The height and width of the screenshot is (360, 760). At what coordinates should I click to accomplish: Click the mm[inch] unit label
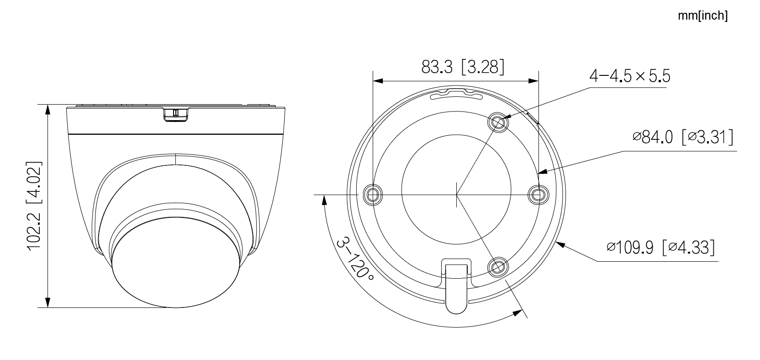tap(702, 16)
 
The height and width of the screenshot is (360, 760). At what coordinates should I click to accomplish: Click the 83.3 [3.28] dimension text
tap(463, 67)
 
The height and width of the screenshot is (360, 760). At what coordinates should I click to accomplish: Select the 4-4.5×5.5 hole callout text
tap(630, 76)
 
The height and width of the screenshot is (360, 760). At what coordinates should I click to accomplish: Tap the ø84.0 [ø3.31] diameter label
tap(683, 137)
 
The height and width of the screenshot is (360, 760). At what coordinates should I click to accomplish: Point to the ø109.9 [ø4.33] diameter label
tap(660, 247)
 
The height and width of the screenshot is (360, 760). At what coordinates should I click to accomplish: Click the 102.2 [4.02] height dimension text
tap(34, 205)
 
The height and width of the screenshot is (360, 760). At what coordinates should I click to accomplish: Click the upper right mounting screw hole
tap(498, 122)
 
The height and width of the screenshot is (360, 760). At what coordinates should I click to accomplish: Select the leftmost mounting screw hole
tap(372, 195)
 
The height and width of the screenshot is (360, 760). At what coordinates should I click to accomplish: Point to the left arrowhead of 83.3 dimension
tap(377, 81)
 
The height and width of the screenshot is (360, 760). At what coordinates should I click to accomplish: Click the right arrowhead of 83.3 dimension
tap(534, 81)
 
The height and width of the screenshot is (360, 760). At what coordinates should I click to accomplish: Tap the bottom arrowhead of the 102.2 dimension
tap(47, 303)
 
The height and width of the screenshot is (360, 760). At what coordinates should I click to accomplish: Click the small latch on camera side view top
tap(175, 114)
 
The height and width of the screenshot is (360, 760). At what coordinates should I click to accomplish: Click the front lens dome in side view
tap(176, 265)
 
